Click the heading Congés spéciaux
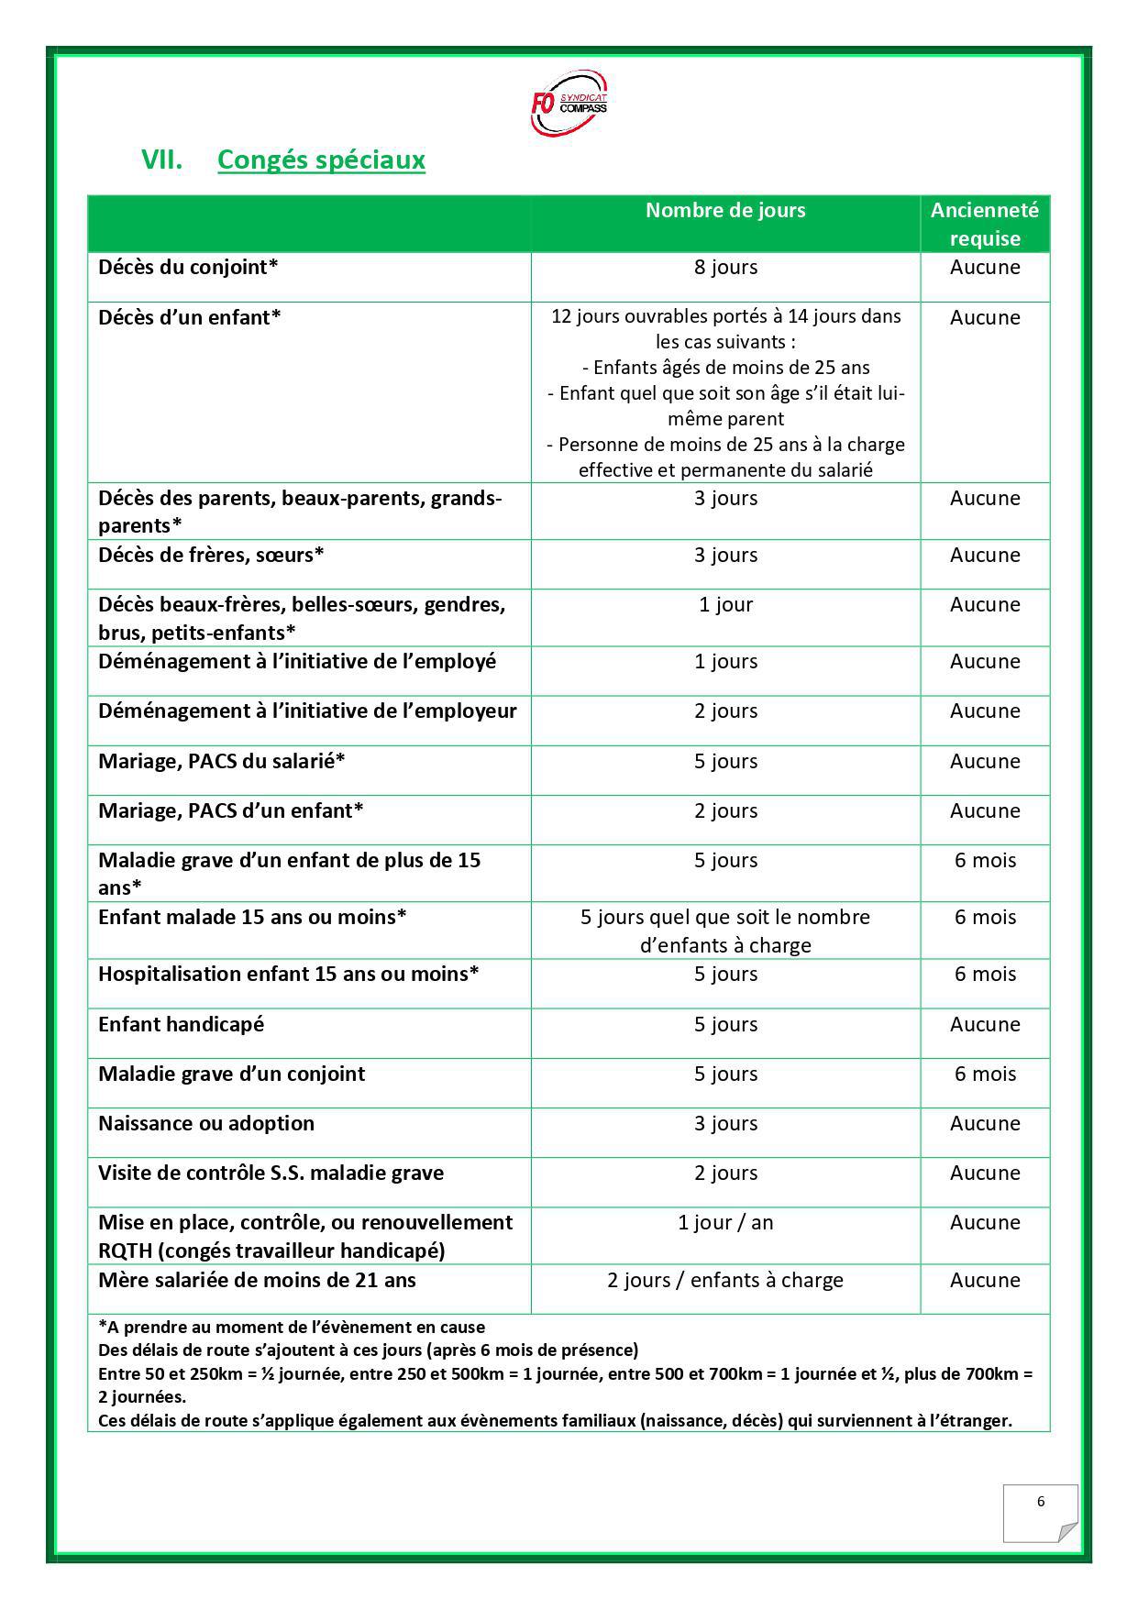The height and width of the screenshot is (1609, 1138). (x=321, y=160)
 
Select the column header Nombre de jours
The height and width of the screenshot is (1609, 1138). (x=725, y=210)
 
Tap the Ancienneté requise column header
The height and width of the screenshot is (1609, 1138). (x=985, y=224)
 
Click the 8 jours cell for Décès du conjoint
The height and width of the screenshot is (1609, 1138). (x=725, y=268)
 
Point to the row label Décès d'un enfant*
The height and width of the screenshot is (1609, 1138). (x=189, y=317)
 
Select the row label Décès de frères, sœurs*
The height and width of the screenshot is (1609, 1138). (x=211, y=555)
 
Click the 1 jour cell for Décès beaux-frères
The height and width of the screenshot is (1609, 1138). (x=725, y=605)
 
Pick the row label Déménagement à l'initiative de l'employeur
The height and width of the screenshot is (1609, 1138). (x=307, y=711)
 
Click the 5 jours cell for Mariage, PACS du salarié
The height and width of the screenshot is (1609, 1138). (x=725, y=761)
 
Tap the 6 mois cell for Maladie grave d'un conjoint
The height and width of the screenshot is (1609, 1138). (x=985, y=1074)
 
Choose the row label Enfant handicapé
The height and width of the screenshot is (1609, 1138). (x=181, y=1024)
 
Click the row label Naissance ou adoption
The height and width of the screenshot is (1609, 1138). (x=206, y=1123)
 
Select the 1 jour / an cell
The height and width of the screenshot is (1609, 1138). (x=725, y=1223)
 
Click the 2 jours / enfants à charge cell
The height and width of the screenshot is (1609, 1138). (x=725, y=1280)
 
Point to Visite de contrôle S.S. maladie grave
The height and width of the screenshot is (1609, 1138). (x=271, y=1173)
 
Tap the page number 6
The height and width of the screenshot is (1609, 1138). (x=1041, y=1502)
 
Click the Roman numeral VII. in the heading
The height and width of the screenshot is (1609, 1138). (x=161, y=160)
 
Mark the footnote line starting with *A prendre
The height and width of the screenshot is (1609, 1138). (x=292, y=1327)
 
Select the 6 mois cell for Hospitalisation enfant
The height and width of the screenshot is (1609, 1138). (x=985, y=974)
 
